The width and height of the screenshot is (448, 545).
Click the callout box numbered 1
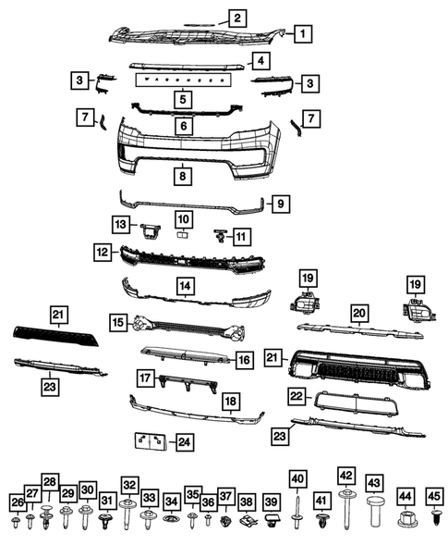click(x=302, y=35)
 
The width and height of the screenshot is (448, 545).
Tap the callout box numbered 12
click(x=103, y=251)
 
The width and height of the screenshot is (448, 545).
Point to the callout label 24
click(x=185, y=442)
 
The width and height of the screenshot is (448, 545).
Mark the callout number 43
click(x=374, y=484)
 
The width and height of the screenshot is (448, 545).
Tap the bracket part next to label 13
click(x=147, y=226)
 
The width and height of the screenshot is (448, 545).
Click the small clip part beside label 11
click(x=221, y=235)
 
